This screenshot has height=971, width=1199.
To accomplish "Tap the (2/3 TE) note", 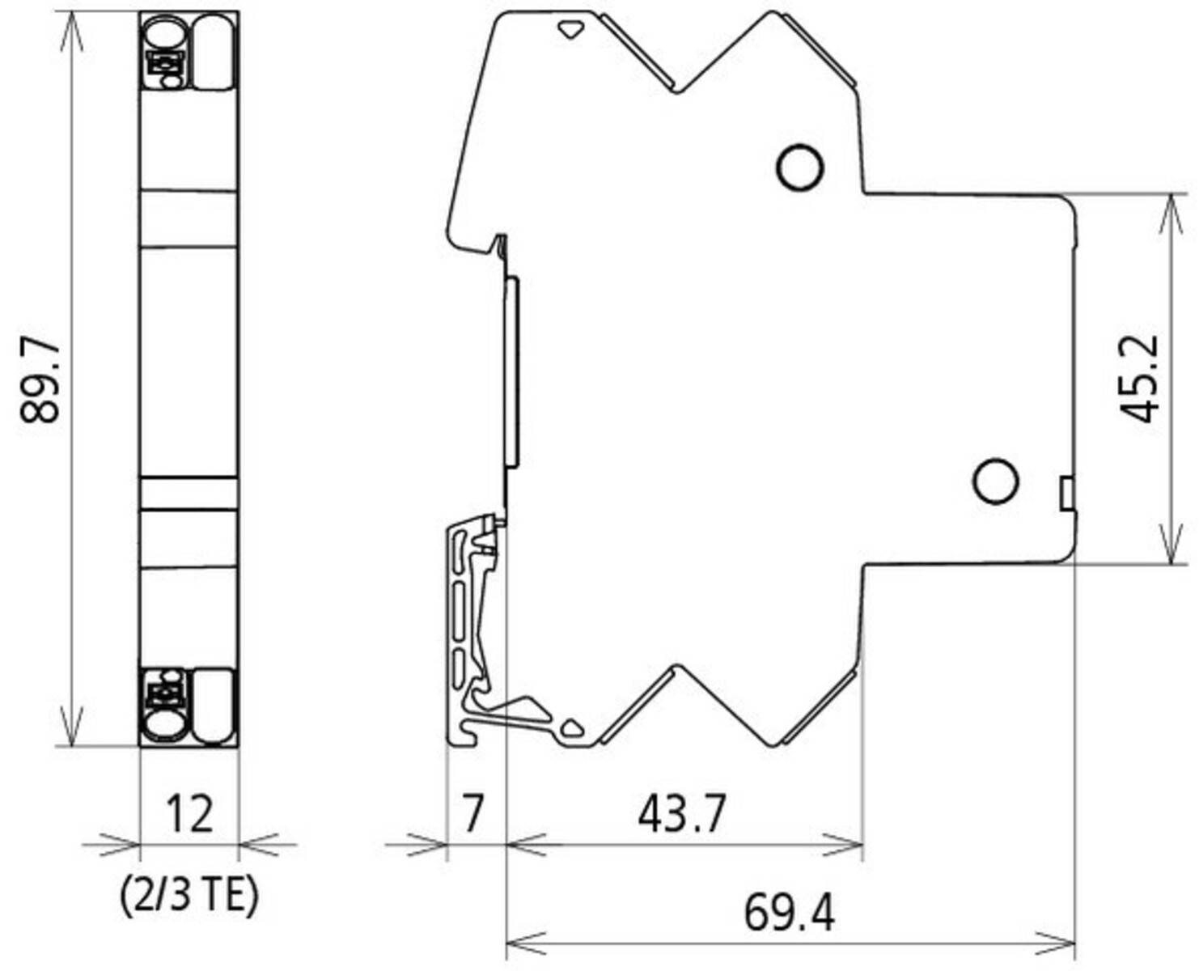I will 189,896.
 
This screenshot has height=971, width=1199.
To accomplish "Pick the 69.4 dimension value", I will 789,913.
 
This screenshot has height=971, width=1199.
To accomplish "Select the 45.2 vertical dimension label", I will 1139,378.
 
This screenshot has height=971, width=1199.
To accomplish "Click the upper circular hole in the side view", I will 799,167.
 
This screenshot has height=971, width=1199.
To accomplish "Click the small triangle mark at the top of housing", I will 571,30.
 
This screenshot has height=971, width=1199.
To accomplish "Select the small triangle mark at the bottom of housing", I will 572,727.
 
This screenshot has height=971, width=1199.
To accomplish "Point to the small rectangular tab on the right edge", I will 1067,493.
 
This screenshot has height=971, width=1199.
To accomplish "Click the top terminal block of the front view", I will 189,53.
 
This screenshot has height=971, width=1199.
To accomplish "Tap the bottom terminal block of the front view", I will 189,705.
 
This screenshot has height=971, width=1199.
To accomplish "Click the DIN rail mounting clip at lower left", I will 473,631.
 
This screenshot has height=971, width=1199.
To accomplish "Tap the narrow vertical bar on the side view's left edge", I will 511,372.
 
